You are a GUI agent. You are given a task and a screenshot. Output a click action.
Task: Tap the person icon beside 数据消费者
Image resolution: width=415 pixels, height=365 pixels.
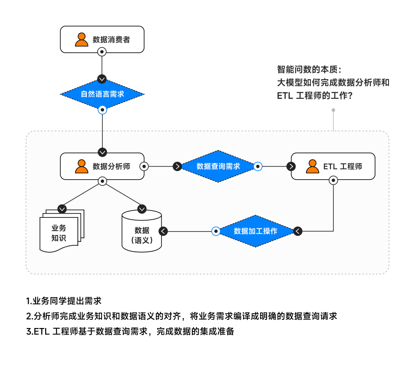pos(81,39)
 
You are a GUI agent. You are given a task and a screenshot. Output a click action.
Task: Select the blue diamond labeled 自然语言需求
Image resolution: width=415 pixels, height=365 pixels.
pos(102,94)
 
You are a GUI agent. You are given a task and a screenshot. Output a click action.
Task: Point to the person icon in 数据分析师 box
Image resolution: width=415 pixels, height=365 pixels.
pos(81,166)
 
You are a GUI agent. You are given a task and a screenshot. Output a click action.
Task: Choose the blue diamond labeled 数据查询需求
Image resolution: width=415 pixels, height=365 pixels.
pos(218,166)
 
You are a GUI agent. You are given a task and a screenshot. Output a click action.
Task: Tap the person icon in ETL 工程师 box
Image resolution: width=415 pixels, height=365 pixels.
pos(312,166)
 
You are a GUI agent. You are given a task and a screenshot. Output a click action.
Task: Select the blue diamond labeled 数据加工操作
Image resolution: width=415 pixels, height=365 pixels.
pos(255,231)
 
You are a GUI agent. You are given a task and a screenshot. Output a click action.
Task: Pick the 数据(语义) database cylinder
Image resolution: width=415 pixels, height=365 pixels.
pos(142,232)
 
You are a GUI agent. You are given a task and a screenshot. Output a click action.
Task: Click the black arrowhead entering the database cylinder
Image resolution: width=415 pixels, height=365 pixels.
pos(164,231)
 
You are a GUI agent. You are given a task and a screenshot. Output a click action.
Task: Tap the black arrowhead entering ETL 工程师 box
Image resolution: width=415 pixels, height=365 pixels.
pos(291,166)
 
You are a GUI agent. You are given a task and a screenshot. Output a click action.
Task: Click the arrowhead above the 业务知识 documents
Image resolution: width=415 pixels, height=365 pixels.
pos(62,209)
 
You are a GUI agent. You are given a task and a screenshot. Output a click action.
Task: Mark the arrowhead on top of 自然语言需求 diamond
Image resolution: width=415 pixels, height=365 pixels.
pos(102,79)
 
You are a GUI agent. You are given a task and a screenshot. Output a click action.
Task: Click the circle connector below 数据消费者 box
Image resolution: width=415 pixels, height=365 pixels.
pos(102,52)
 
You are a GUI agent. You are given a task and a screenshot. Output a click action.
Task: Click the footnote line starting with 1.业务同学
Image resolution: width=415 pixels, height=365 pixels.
pos(64,301)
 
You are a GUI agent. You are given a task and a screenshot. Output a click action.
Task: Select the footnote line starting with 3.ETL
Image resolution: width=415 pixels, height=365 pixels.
pos(130,331)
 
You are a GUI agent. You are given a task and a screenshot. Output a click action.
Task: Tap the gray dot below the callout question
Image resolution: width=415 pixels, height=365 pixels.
pos(333,111)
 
